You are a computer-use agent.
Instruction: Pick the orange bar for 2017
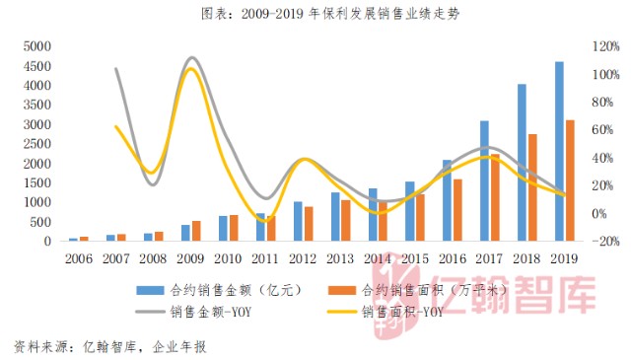pyautogui.click(x=496, y=196)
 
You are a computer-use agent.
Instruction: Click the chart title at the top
pyautogui.click(x=315, y=15)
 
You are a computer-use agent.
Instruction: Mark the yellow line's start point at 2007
pyautogui.click(x=116, y=126)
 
